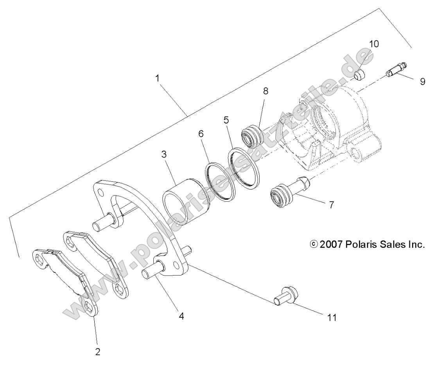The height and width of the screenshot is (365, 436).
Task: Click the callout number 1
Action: pyautogui.click(x=158, y=78)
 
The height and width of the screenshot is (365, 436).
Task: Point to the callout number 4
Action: pyautogui.click(x=181, y=316)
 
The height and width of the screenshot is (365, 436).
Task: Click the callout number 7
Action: pyautogui.click(x=331, y=204)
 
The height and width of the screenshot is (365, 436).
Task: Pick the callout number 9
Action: pyautogui.click(x=422, y=82)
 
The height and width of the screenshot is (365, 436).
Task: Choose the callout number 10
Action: pyautogui.click(x=374, y=44)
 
